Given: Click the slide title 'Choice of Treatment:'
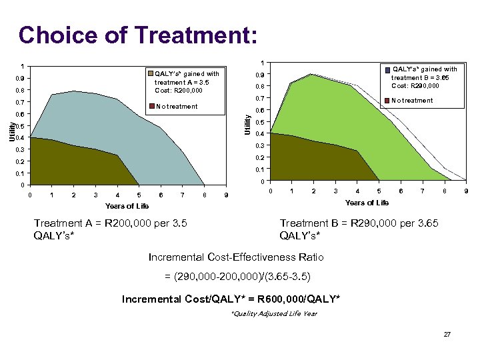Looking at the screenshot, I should [x=137, y=35].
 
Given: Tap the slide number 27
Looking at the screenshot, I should [x=447, y=333].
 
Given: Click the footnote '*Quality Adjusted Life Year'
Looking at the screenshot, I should [x=273, y=313].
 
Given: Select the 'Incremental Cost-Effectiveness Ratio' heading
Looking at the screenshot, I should [x=246, y=256].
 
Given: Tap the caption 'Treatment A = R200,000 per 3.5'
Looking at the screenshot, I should [x=110, y=223].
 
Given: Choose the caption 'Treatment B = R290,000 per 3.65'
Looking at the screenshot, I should [x=359, y=223].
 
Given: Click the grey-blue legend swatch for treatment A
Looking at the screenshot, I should [x=151, y=74].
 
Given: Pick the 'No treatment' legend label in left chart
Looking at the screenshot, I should [x=177, y=106].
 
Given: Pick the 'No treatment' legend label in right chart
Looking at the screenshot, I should [x=412, y=101].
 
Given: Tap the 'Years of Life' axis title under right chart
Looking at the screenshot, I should [x=367, y=203].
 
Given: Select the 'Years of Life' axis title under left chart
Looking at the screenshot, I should [x=127, y=206].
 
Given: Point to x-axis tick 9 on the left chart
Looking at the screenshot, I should [x=226, y=195].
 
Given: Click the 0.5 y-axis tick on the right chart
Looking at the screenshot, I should [x=259, y=122].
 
